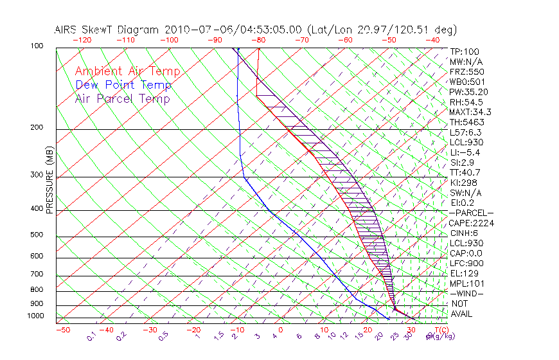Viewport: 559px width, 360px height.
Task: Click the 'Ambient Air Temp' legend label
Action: [127, 71]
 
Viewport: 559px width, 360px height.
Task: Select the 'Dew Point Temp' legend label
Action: [123, 85]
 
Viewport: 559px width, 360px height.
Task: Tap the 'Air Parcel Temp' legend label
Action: [123, 98]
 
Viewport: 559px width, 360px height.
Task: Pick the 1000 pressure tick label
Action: [37, 316]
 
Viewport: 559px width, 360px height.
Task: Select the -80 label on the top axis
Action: [258, 40]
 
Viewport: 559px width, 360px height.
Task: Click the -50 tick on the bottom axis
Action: [62, 330]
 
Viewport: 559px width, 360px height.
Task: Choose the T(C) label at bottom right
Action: [441, 330]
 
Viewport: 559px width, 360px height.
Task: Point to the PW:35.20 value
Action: [468, 92]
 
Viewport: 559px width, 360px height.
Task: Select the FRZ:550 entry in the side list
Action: [466, 71]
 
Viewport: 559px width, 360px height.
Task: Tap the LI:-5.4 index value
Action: [466, 152]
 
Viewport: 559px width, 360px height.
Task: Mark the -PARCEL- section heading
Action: [471, 213]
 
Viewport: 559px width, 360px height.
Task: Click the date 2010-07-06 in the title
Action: [191, 30]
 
